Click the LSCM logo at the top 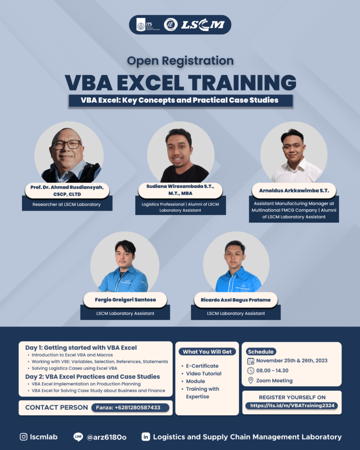click(x=203, y=25)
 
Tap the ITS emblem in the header click(x=141, y=25)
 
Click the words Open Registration click(x=180, y=60)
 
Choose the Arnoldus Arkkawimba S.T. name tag click(x=294, y=190)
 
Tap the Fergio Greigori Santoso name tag click(x=125, y=300)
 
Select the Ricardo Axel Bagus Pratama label click(x=236, y=300)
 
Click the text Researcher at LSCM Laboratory click(x=66, y=204)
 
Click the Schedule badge click(x=261, y=352)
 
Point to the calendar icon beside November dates click(x=251, y=361)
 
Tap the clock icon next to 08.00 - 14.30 click(x=251, y=370)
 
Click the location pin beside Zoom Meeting click(x=251, y=381)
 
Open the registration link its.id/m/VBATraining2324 click(x=291, y=406)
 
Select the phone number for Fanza click(x=131, y=407)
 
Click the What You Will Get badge click(x=207, y=352)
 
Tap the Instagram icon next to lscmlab click(x=24, y=437)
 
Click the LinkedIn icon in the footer click(x=145, y=437)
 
